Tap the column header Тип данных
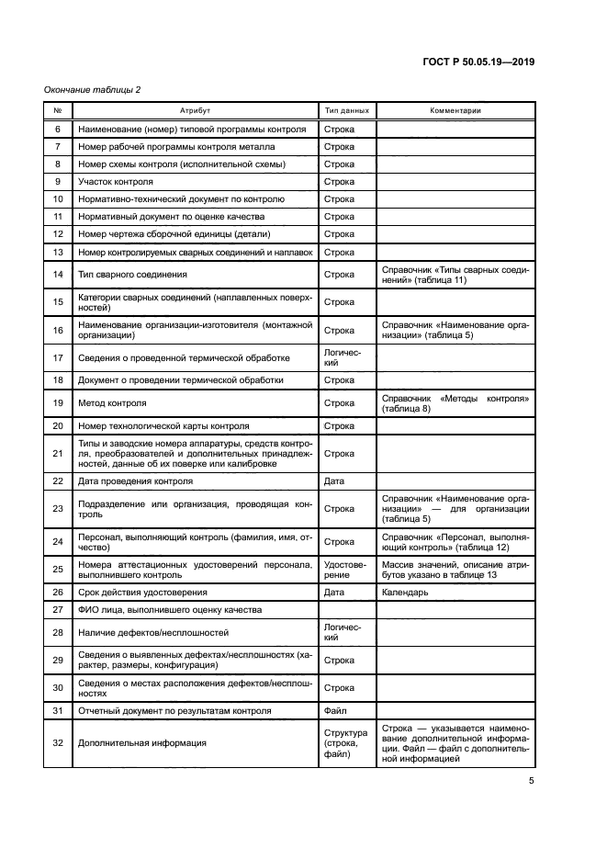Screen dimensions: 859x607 (x=347, y=110)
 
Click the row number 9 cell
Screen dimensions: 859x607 (x=58, y=182)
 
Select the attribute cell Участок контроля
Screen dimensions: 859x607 (x=116, y=182)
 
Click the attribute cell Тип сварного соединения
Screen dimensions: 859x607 (x=133, y=275)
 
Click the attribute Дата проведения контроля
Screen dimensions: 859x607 (x=135, y=481)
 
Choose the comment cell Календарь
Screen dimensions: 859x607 (x=404, y=593)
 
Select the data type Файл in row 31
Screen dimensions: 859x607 (x=335, y=711)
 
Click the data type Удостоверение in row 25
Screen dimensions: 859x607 (x=344, y=570)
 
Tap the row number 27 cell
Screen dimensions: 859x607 (x=58, y=610)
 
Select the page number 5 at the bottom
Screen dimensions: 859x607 (x=532, y=782)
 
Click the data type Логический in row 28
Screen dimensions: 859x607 (x=343, y=633)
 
